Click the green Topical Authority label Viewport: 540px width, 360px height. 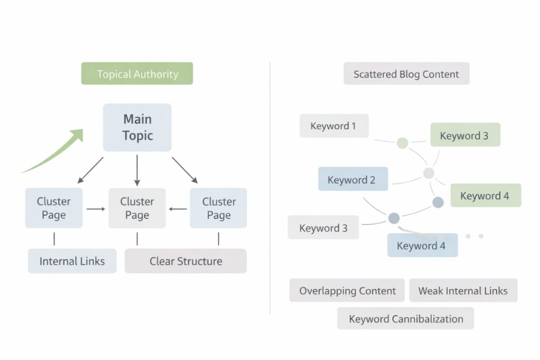(x=137, y=74)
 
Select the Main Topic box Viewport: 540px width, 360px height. (x=137, y=128)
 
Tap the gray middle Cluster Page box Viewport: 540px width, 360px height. (x=137, y=208)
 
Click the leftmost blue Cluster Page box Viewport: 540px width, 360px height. (x=54, y=208)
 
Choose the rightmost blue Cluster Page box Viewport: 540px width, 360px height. (x=218, y=208)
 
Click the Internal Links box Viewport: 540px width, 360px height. (x=72, y=261)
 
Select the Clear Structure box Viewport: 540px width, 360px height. (x=186, y=261)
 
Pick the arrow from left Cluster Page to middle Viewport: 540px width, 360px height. (x=95, y=209)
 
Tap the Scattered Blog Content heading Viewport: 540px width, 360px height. (x=406, y=74)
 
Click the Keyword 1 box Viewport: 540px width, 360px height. (x=334, y=126)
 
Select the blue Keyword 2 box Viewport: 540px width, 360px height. (x=353, y=179)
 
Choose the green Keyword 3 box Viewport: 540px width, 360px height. (x=465, y=135)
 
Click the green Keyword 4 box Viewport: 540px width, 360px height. (x=485, y=196)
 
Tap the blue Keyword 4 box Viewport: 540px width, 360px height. (x=422, y=245)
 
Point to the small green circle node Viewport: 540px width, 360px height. (x=402, y=142)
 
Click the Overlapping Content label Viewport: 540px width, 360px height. (x=347, y=290)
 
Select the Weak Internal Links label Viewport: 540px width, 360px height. (x=463, y=290)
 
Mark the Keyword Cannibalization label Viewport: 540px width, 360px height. (x=406, y=318)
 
